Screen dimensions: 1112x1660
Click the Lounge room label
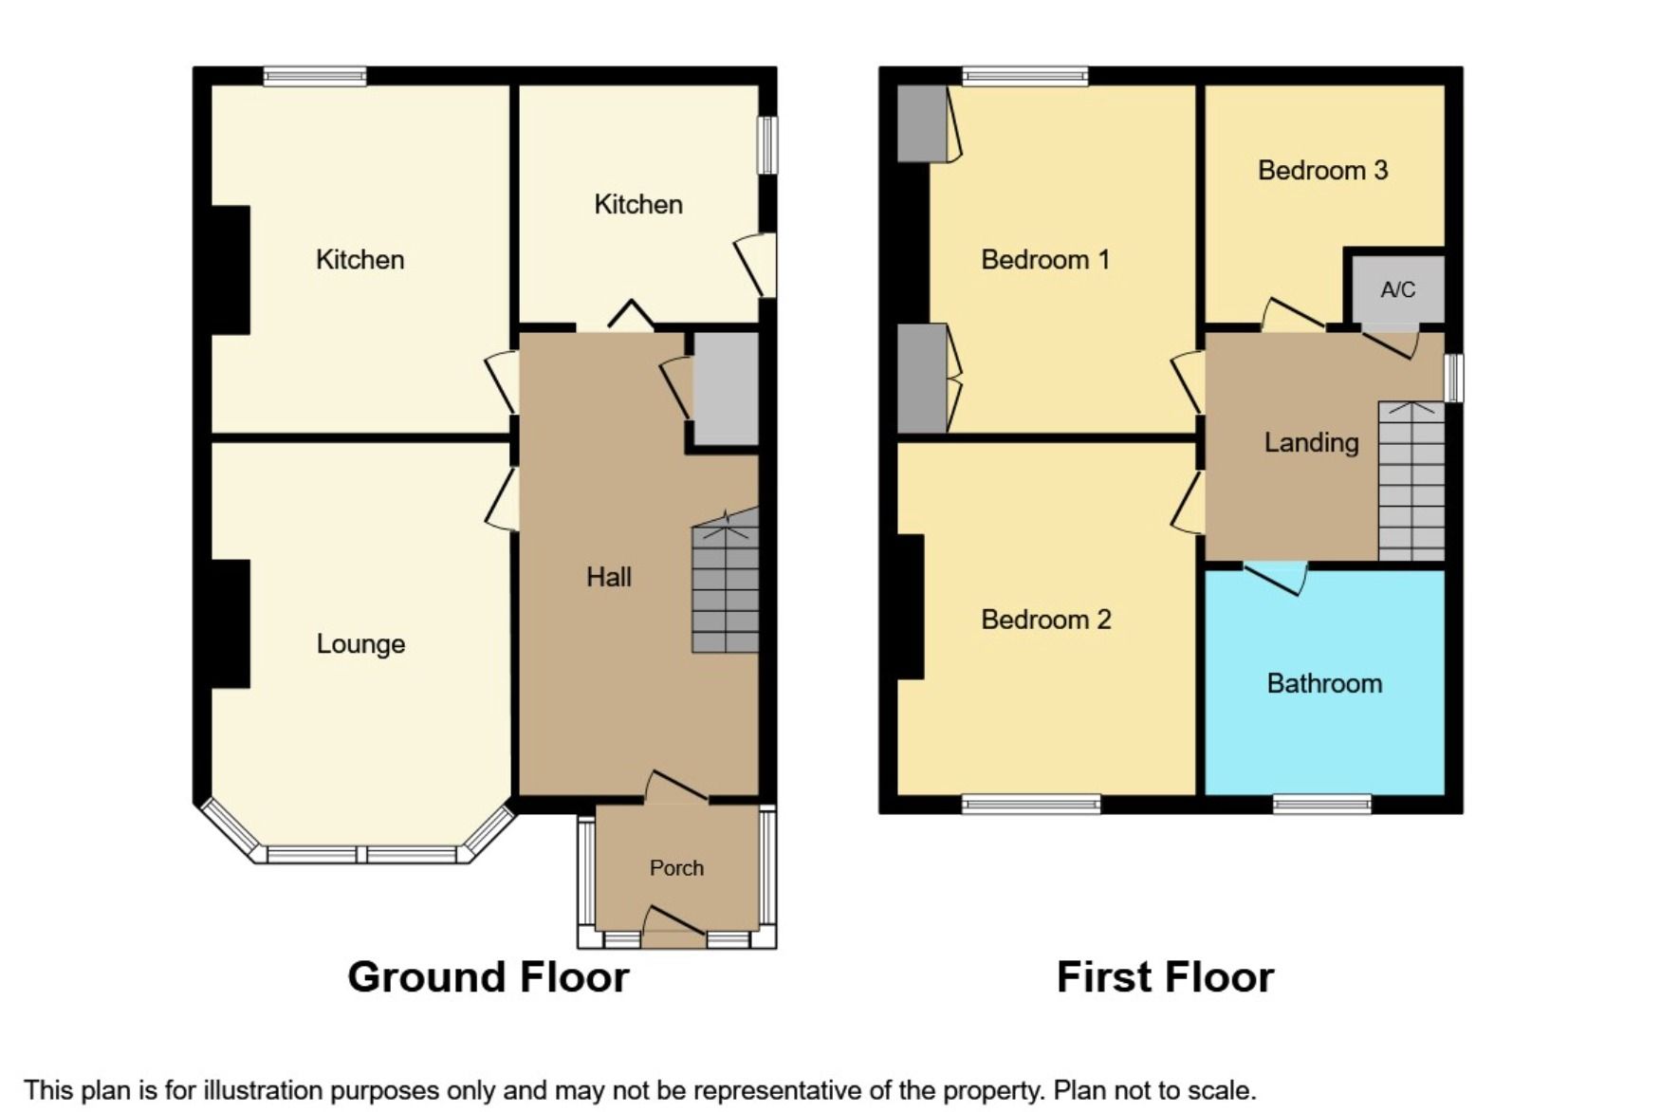pyautogui.click(x=360, y=644)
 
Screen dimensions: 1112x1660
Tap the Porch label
pyautogui.click(x=676, y=868)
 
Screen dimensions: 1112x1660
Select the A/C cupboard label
pyautogui.click(x=1397, y=289)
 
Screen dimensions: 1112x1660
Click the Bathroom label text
pyautogui.click(x=1324, y=683)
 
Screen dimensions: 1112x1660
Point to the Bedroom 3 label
pyautogui.click(x=1322, y=171)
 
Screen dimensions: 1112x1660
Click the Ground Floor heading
pyautogui.click(x=488, y=977)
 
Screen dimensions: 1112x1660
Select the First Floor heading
pyautogui.click(x=1165, y=977)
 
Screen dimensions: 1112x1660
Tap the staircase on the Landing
pyautogui.click(x=1411, y=482)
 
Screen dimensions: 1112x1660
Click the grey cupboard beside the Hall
pyautogui.click(x=726, y=389)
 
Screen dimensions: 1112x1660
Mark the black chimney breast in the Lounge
pyautogui.click(x=231, y=623)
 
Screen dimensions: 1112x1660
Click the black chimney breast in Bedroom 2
pyautogui.click(x=910, y=607)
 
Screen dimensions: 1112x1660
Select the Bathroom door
pyautogui.click(x=1276, y=577)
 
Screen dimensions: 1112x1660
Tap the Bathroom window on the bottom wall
pyautogui.click(x=1321, y=805)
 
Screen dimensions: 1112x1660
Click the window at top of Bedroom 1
pyautogui.click(x=1024, y=76)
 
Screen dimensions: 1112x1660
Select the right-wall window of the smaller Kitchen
pyautogui.click(x=767, y=145)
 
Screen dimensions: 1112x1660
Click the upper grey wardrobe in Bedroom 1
pyautogui.click(x=922, y=123)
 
